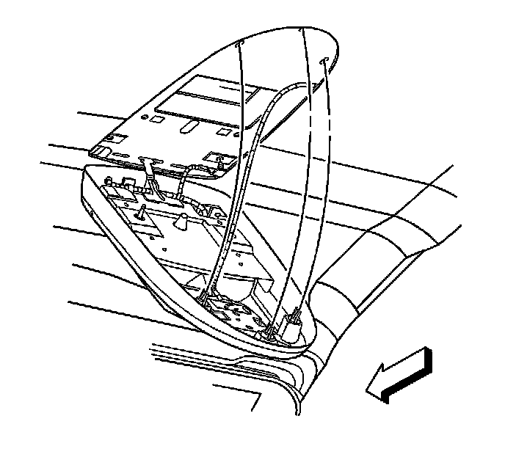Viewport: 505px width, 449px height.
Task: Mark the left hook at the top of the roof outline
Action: tap(238, 45)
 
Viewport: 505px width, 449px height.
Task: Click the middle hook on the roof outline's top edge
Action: tap(303, 30)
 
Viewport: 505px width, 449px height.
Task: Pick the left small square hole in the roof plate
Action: tap(159, 117)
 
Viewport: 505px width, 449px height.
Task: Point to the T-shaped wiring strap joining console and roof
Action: tap(152, 176)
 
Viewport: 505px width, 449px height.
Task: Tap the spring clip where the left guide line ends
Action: tap(205, 298)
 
